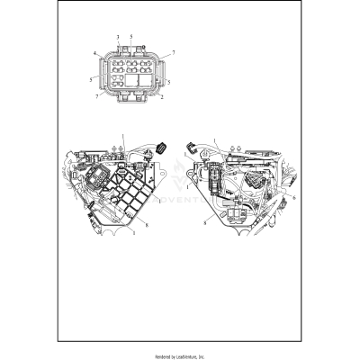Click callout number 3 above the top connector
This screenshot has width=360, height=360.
coord(118,35)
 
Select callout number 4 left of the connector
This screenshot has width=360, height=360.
coord(94,54)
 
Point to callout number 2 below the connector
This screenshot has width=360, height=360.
coord(161,97)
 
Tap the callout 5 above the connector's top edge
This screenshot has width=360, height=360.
coord(131,35)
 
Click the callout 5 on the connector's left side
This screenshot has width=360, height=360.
coord(91,79)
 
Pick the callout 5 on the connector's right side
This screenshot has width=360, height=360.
coord(169,81)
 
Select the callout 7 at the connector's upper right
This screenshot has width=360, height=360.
coord(173,54)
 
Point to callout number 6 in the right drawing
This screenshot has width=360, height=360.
coord(293,196)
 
